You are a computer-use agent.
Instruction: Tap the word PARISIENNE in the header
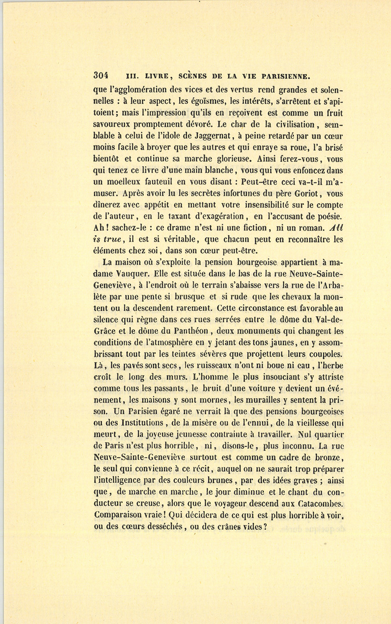pyautogui.click(x=282, y=76)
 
